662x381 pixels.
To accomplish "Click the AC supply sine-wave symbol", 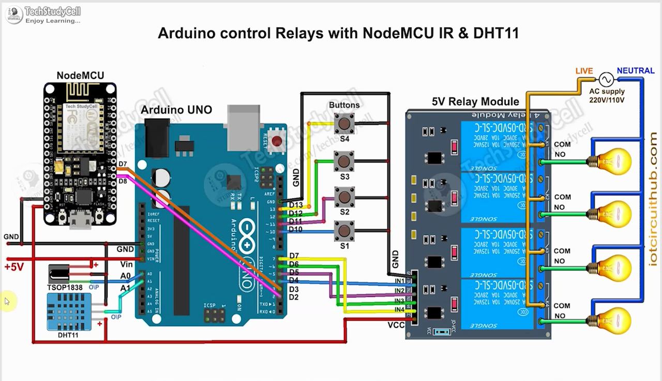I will pos(606,80).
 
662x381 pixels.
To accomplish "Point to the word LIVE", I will pos(584,71).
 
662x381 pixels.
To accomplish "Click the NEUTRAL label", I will pos(635,71).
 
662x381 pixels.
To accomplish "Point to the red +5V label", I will pos(14,267).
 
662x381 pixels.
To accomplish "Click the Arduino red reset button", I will pos(277,140).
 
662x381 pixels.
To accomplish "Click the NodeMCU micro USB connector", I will pos(79,220).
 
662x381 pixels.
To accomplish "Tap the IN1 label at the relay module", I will pos(400,281).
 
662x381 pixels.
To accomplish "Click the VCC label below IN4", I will pos(396,325).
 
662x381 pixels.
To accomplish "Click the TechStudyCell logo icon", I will pos(14,14).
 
